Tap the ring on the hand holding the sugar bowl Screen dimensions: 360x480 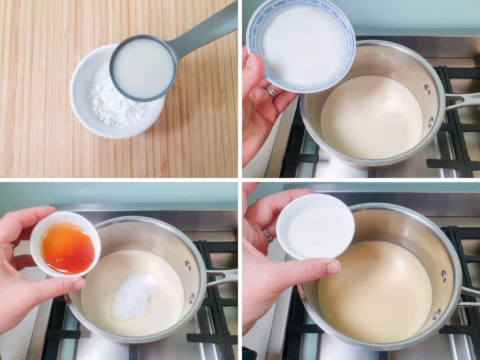click(273, 92)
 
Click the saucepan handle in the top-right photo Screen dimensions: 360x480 click(464, 100)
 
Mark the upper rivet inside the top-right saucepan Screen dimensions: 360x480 click(428, 90)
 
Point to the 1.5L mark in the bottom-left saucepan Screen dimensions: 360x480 click(136, 231)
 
